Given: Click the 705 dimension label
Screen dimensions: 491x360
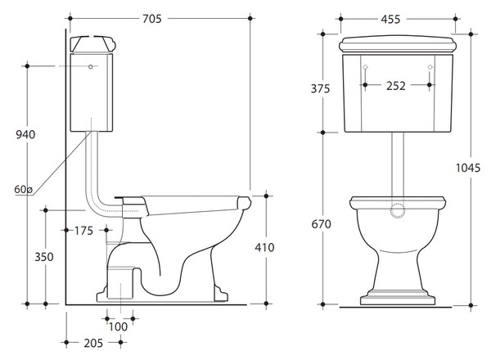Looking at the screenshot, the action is [152, 19].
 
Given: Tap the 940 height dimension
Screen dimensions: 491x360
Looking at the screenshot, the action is [25, 135].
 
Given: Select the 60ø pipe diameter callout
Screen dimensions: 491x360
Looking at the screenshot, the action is [23, 189].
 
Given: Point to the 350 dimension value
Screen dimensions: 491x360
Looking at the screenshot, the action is [44, 257].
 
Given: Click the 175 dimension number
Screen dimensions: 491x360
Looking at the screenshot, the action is [83, 231].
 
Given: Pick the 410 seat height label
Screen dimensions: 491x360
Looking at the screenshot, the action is [264, 247].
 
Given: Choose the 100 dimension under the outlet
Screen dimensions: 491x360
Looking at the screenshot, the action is [118, 326].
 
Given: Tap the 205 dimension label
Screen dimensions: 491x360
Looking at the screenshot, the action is [93, 343].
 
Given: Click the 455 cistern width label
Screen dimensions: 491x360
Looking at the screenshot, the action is [390, 20].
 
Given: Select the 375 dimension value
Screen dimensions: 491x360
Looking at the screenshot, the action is [320, 88].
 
